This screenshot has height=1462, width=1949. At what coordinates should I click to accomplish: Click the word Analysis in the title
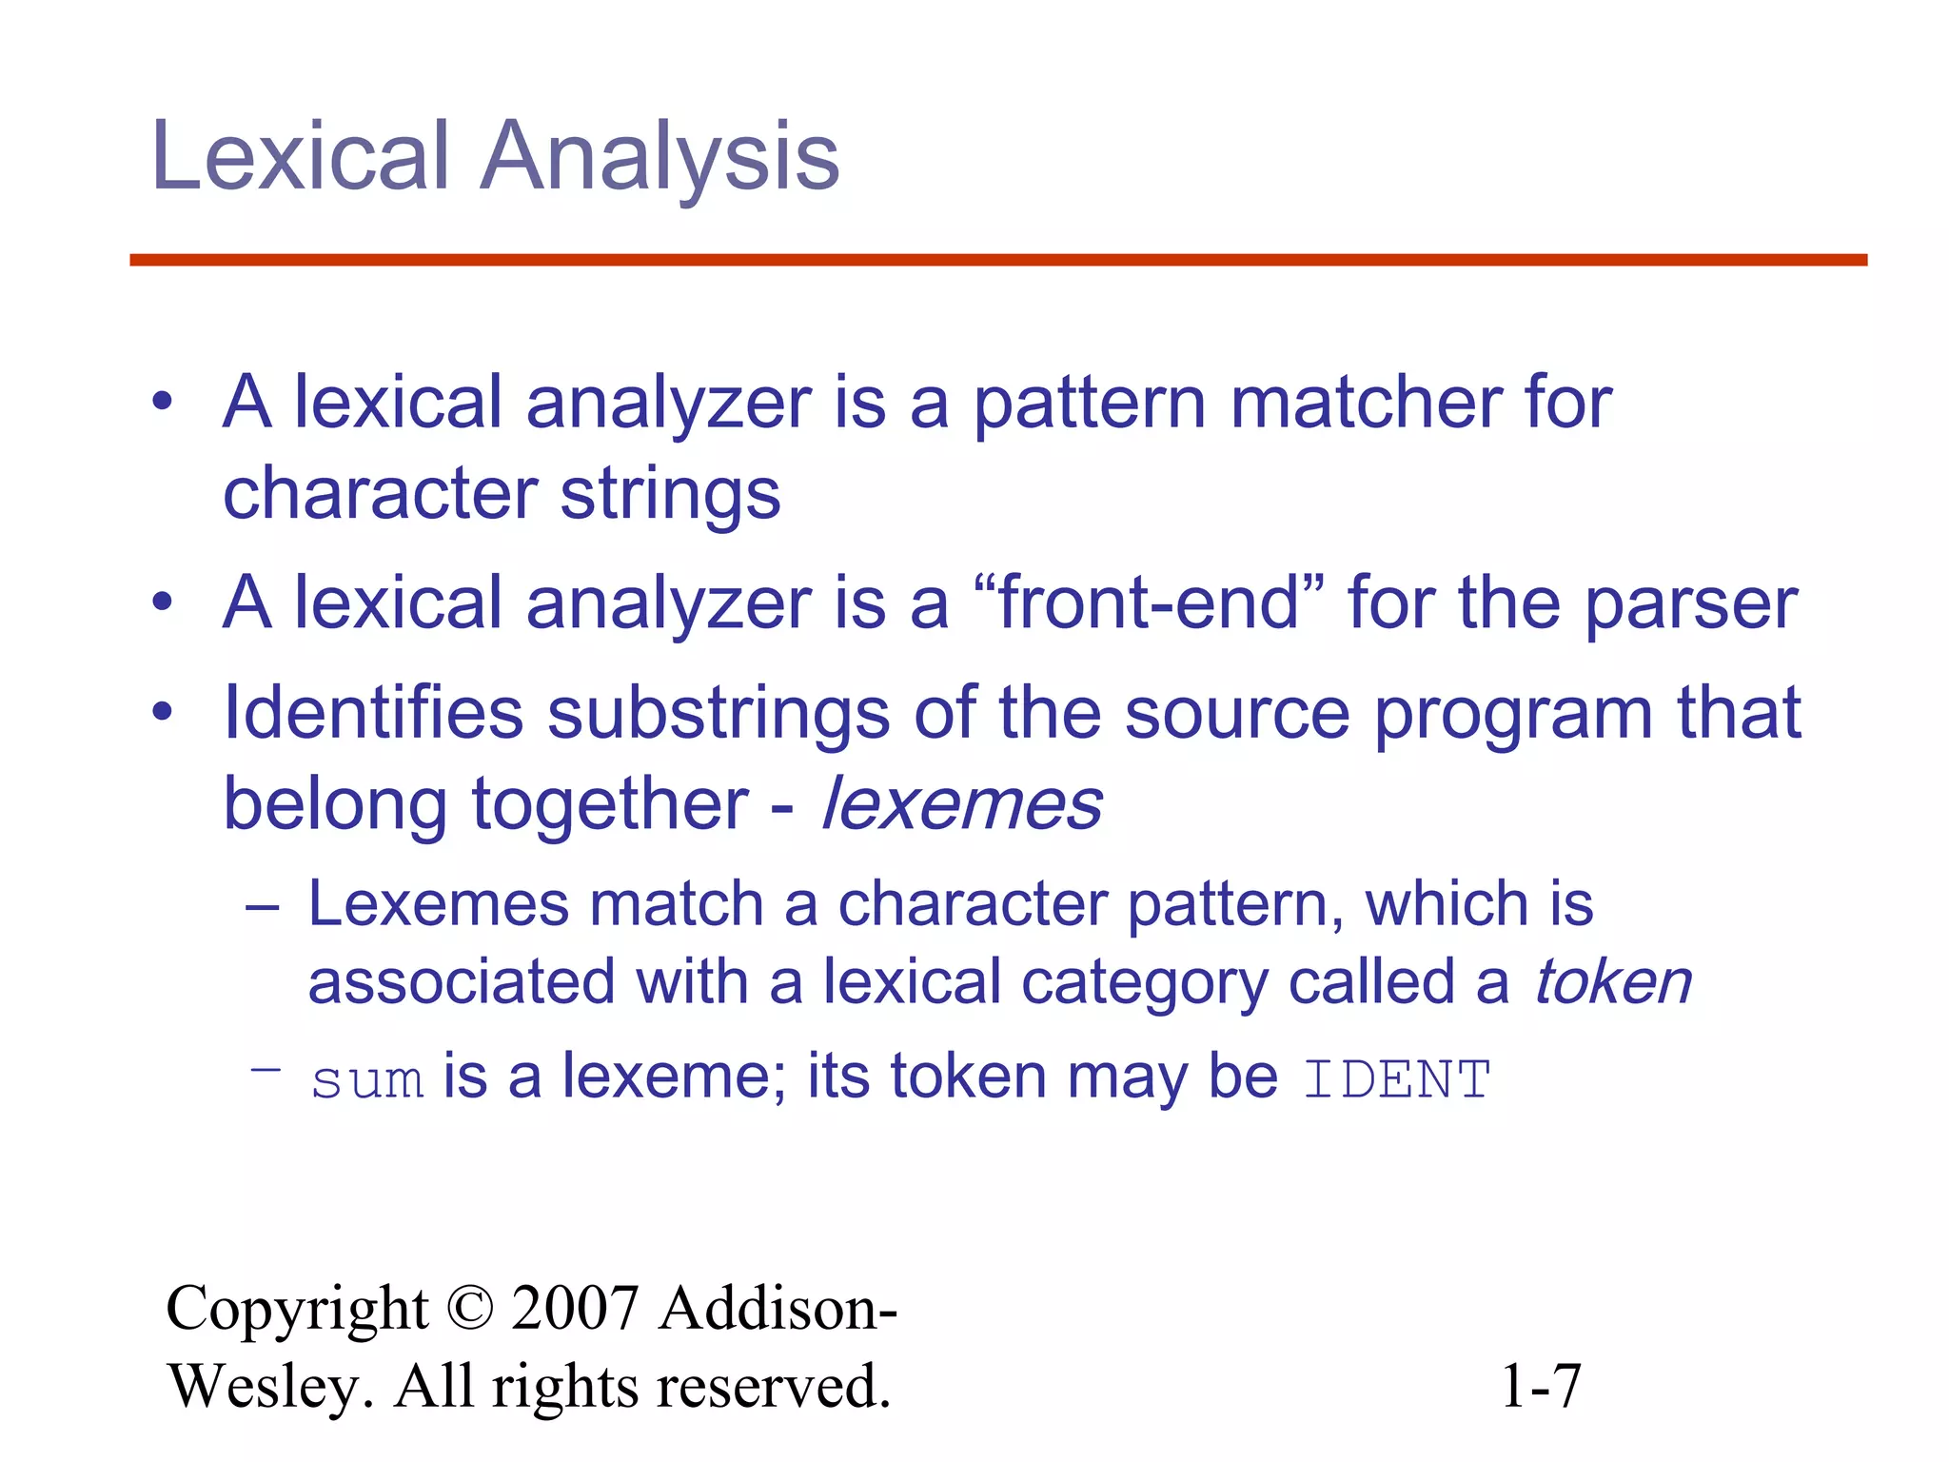click(660, 157)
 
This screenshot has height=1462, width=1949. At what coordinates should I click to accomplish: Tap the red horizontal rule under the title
click(997, 260)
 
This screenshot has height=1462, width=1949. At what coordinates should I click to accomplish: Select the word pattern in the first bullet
click(1089, 404)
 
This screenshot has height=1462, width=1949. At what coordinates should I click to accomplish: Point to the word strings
click(670, 495)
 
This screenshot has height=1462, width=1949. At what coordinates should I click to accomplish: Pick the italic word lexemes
click(961, 805)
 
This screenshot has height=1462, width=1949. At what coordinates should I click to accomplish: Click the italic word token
click(1613, 982)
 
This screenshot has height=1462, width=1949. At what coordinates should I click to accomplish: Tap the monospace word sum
click(367, 1081)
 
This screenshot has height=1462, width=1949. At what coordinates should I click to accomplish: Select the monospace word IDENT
click(1396, 1080)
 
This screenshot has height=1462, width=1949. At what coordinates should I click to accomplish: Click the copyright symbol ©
click(469, 1308)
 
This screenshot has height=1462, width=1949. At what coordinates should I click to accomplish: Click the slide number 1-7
click(1540, 1386)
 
